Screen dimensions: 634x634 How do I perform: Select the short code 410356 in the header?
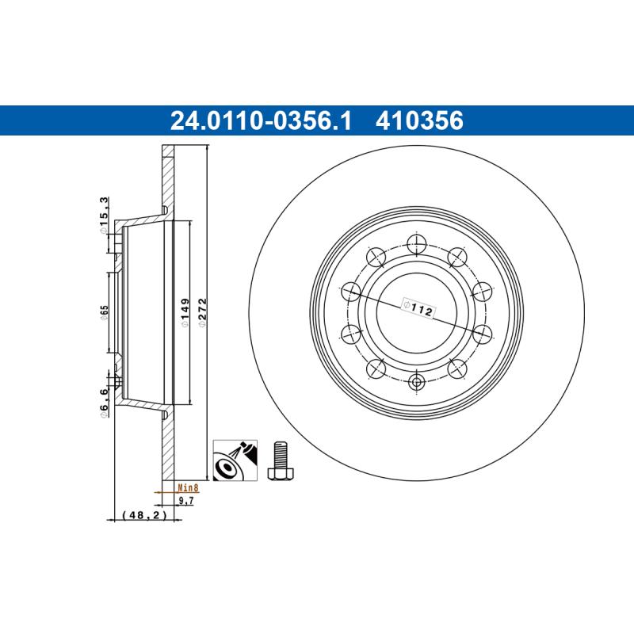click(x=421, y=120)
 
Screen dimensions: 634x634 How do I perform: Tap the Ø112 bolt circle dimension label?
click(x=416, y=307)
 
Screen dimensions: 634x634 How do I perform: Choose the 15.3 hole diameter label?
click(x=104, y=212)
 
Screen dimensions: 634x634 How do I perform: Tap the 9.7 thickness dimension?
click(x=185, y=501)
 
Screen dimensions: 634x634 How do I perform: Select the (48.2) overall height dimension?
click(x=146, y=515)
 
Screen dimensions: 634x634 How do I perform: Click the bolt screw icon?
click(x=280, y=459)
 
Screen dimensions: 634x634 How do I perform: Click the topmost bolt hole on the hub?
click(x=417, y=243)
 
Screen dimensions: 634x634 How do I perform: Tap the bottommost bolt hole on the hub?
click(x=417, y=383)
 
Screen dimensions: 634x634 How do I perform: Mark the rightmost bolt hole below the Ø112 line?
click(x=483, y=334)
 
